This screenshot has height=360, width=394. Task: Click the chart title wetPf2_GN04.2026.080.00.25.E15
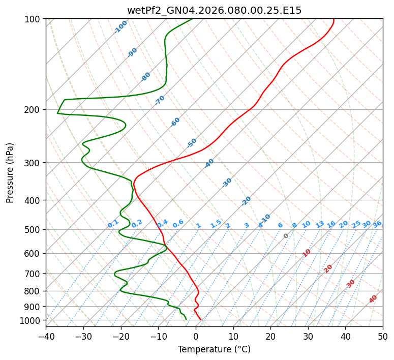pos(214,10)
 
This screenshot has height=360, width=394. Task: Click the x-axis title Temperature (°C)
pos(214,349)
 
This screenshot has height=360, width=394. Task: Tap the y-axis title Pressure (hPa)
pos(10,172)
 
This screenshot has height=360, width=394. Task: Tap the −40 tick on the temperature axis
pos(46,336)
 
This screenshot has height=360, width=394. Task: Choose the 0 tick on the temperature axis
pos(196,336)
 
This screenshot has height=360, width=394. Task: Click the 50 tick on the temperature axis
pos(383,336)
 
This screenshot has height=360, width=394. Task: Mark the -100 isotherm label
pos(121,27)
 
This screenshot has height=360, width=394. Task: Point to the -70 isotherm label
pos(160,100)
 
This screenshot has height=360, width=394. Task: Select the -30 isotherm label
pos(227,183)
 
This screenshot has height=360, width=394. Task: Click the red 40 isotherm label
pos(373,299)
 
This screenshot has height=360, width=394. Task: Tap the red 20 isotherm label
pos(328,268)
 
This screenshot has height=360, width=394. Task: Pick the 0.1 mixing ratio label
pos(113,224)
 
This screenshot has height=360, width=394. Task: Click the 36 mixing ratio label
pos(377,224)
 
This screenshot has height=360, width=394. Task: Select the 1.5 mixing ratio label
pos(216,224)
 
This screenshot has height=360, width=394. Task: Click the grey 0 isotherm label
pos(286,236)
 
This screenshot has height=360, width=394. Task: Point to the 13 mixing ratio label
pos(320,224)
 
